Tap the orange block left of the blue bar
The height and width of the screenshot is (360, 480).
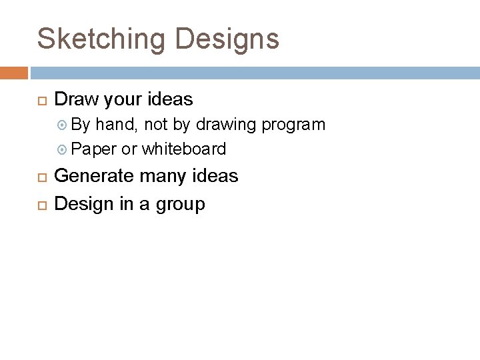click(x=14, y=73)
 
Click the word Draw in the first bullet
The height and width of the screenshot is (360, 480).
click(x=75, y=100)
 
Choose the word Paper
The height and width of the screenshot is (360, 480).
click(x=93, y=149)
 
